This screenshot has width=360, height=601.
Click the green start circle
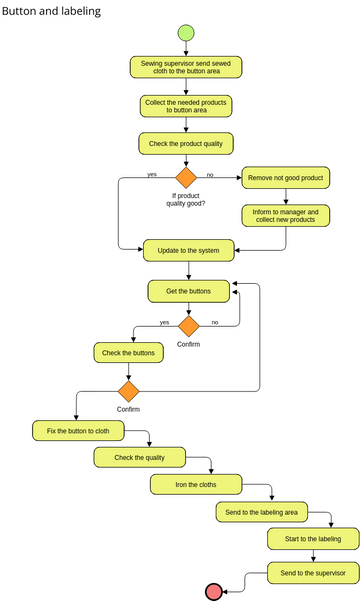(x=186, y=33)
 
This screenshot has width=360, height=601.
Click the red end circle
(x=213, y=590)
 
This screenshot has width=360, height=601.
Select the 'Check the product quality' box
(x=186, y=144)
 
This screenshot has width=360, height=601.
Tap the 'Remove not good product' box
(x=285, y=178)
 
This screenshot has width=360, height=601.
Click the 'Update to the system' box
(x=189, y=248)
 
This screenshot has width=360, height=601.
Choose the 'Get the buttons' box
(x=188, y=291)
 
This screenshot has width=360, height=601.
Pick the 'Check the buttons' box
(x=129, y=353)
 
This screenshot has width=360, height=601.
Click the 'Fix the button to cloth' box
(x=78, y=432)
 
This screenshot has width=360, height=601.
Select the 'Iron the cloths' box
(x=196, y=485)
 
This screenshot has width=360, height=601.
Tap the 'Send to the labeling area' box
(x=261, y=512)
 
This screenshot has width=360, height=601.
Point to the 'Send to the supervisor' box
(x=312, y=573)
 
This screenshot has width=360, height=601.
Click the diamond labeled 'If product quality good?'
(x=187, y=178)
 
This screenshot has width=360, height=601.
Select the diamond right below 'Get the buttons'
(x=188, y=325)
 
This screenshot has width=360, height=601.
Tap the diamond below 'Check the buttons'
(x=128, y=390)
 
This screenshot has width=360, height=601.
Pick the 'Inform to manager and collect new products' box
(x=285, y=216)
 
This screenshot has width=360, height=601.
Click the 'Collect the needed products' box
(x=186, y=106)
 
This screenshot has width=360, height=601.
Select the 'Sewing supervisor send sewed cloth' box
(x=186, y=67)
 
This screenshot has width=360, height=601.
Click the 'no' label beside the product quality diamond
(x=210, y=174)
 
